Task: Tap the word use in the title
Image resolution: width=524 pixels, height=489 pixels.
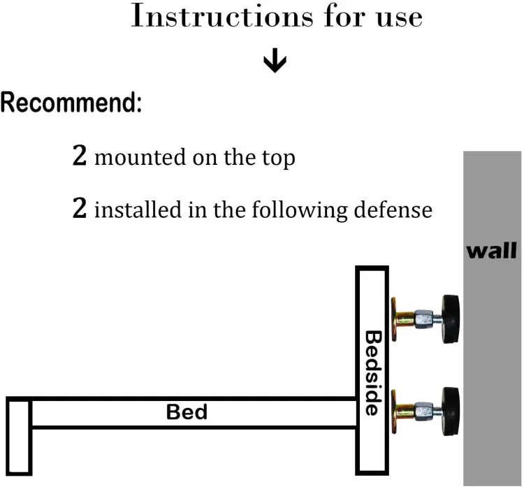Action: pos(400,18)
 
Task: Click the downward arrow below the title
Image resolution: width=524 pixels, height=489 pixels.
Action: pos(275,61)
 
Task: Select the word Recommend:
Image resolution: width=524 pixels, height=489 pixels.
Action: pos(71,102)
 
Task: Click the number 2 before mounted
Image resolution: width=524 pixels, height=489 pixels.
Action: pos(80,155)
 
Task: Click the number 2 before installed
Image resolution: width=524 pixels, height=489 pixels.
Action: pos(80,207)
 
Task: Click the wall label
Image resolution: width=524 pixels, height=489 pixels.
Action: pos(491,251)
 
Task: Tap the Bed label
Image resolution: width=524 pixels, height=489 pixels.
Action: pos(187,411)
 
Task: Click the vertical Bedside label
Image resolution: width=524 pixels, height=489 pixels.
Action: pos(373,373)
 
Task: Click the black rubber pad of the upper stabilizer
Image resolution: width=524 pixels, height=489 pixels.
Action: pos(451,319)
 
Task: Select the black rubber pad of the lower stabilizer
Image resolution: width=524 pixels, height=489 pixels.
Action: pos(451,411)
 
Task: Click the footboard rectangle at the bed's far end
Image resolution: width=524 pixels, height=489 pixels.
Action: pos(19,436)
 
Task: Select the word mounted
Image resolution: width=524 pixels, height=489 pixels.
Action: pos(140,157)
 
